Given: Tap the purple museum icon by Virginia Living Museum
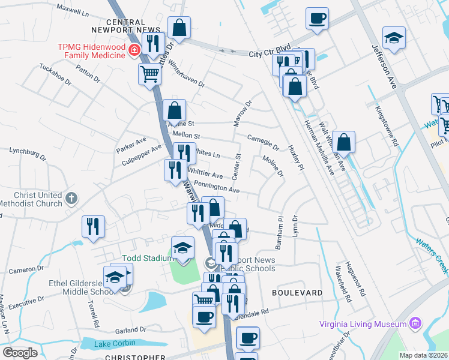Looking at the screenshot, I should (x=414, y=324).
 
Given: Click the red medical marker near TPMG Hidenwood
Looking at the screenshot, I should (x=134, y=50).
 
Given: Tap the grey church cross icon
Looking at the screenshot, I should (x=71, y=198).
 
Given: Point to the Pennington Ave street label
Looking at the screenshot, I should (x=217, y=188).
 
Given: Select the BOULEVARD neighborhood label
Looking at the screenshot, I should (x=297, y=293).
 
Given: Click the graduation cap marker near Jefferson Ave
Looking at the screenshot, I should (x=394, y=39).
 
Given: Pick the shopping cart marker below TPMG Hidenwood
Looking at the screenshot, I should (x=149, y=75).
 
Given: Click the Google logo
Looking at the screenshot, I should (x=20, y=353).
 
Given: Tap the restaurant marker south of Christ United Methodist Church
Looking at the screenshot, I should (x=93, y=226).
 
